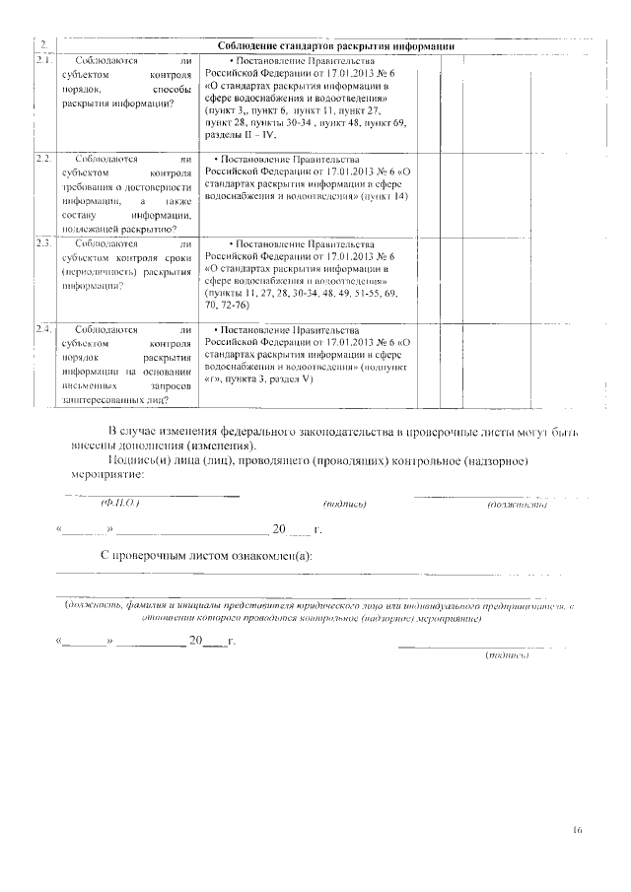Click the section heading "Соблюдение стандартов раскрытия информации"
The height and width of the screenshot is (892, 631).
tap(334, 45)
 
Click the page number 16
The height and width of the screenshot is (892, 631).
tap(576, 830)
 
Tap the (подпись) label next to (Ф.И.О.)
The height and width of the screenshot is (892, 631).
tap(345, 505)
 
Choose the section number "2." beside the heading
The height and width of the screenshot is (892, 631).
tap(44, 45)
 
